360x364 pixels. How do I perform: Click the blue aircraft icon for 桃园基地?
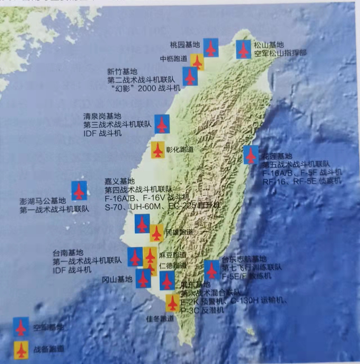(x=211, y=48)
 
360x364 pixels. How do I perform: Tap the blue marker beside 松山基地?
(x=244, y=50)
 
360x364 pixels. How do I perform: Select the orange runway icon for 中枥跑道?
(x=196, y=62)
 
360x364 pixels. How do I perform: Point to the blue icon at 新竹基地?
(x=190, y=77)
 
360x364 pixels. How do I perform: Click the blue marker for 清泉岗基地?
(x=162, y=124)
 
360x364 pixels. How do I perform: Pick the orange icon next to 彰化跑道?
(x=158, y=150)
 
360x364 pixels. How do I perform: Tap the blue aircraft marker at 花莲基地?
(x=251, y=155)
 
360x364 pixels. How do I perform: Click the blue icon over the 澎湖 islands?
(x=79, y=190)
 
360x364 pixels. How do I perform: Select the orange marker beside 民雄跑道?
(x=156, y=233)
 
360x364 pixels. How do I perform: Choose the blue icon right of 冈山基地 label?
(x=143, y=278)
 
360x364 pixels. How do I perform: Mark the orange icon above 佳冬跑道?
(x=173, y=303)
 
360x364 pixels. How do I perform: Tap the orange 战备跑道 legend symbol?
(x=21, y=350)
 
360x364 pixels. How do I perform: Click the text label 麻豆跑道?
(x=172, y=254)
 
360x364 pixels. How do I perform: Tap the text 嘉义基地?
(x=120, y=181)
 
